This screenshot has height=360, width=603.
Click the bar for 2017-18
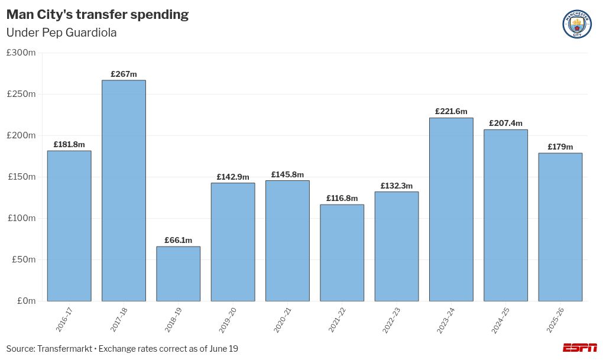click(x=124, y=190)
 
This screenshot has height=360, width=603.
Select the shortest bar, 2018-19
click(x=178, y=274)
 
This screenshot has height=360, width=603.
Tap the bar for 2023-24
click(x=451, y=209)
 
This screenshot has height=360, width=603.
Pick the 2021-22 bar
click(x=342, y=252)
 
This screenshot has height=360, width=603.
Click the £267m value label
click(x=124, y=74)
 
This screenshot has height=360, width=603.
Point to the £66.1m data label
click(x=178, y=240)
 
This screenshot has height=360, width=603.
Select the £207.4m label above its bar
click(x=505, y=123)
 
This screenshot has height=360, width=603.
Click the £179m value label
click(x=560, y=147)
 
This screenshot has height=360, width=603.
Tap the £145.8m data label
click(x=287, y=174)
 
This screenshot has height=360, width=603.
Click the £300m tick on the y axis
click(x=21, y=53)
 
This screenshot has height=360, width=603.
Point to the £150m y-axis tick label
click(x=21, y=177)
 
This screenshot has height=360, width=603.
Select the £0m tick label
click(x=26, y=301)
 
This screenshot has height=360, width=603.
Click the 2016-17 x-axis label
click(x=64, y=320)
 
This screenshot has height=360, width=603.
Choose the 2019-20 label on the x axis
click(x=228, y=320)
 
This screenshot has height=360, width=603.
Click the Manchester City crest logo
click(x=577, y=25)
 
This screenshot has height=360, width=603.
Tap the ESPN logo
click(x=579, y=348)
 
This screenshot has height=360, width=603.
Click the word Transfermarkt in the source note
click(x=64, y=349)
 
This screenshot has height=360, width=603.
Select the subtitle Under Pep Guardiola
click(x=61, y=33)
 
